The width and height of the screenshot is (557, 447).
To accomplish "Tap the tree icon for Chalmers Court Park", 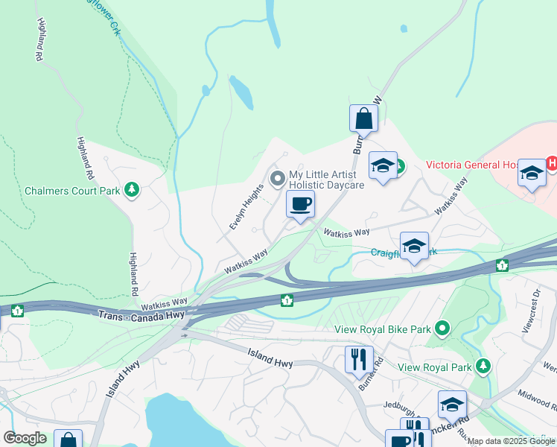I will [x=132, y=191].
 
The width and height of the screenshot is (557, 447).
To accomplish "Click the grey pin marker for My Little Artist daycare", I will [x=278, y=178].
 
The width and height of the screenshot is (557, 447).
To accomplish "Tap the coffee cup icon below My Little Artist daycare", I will [x=300, y=203].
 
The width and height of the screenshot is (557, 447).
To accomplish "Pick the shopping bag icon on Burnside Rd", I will [x=363, y=118].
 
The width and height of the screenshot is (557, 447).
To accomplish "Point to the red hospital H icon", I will [x=552, y=162].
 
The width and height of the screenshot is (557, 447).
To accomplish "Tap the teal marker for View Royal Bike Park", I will [x=442, y=328].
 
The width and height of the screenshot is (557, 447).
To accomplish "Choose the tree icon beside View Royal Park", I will [x=484, y=366].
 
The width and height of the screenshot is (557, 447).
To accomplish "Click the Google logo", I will [x=25, y=438].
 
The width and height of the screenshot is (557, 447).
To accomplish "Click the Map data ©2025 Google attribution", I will [x=511, y=441].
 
